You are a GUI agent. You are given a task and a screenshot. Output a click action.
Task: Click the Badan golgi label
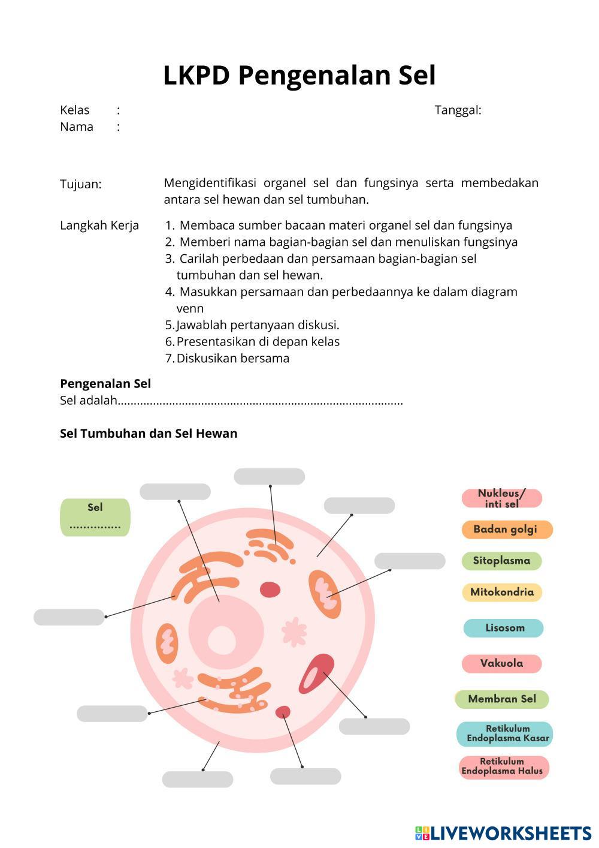tap(506, 530)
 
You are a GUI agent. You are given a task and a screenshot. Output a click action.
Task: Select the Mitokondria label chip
tap(502, 593)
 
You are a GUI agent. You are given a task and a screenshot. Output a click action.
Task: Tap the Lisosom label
tap(504, 628)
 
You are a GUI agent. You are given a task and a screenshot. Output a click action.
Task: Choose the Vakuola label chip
tap(501, 663)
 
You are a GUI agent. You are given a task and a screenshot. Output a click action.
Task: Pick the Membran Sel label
tap(502, 699)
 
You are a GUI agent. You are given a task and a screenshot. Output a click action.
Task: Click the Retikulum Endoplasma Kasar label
tap(505, 733)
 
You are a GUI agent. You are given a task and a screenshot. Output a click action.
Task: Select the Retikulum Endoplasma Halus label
tap(504, 767)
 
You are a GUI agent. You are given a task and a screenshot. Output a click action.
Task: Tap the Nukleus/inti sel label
tap(502, 498)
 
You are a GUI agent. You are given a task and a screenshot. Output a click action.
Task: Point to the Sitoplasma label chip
tap(501, 561)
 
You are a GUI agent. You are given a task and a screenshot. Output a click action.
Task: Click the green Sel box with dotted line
tap(95, 517)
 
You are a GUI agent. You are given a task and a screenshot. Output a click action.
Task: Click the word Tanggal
tap(458, 110)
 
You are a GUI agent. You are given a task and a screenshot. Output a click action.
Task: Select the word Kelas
tap(75, 110)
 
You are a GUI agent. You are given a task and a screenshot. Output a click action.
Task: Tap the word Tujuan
tap(81, 184)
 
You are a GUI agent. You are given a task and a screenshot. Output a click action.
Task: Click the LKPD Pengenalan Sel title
tap(299, 76)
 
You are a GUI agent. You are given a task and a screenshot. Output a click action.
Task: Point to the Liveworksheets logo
tap(503, 833)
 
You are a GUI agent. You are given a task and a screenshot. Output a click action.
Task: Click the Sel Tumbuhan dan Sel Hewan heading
tap(149, 434)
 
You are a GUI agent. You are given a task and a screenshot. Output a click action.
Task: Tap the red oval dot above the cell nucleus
tap(270, 590)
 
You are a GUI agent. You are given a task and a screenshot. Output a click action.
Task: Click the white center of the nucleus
tap(221, 639)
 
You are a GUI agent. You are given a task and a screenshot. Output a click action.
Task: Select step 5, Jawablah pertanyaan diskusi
tap(258, 325)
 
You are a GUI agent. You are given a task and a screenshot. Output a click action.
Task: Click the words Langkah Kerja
tap(99, 225)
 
